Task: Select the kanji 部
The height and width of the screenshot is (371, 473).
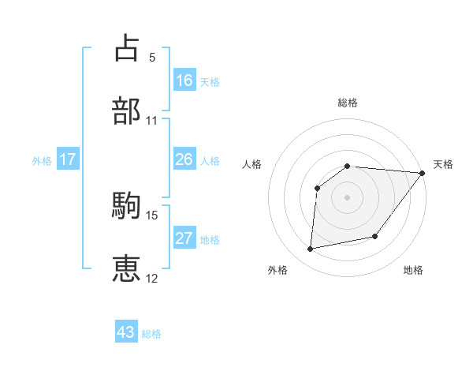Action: click(127, 111)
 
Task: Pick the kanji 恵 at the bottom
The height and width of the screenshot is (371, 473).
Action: click(127, 268)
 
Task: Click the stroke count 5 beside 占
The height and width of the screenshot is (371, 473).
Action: click(152, 58)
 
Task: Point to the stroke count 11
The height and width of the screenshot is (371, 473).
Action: click(152, 121)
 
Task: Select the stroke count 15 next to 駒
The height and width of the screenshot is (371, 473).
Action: click(152, 215)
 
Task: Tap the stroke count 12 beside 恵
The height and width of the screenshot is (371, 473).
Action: click(152, 278)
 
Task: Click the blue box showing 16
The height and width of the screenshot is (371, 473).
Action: click(184, 80)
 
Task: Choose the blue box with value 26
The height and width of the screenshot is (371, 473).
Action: click(184, 159)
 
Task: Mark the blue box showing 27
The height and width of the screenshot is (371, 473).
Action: click(184, 238)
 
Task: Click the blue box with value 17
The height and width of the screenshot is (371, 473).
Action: click(68, 159)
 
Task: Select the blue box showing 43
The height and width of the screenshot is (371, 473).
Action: click(126, 332)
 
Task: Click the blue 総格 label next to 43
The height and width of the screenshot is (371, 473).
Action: click(151, 334)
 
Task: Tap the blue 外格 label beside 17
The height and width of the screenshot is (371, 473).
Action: click(42, 161)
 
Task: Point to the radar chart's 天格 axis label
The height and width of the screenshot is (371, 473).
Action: click(443, 164)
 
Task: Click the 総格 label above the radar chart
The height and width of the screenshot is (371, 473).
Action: click(348, 103)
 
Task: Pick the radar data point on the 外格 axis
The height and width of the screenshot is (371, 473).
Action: click(311, 249)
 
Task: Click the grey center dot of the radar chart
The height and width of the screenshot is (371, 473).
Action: click(347, 197)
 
